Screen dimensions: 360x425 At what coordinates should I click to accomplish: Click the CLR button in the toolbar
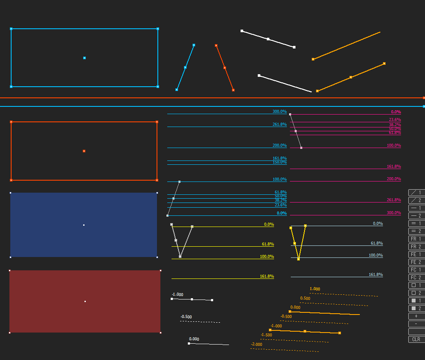point(416,339)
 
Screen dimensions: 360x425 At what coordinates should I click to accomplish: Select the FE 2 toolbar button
point(416,262)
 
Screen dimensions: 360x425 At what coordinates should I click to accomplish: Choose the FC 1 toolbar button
point(416,270)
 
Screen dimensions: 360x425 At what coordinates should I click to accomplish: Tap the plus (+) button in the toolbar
point(416,316)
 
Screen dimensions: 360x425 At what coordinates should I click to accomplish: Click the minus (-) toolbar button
point(416,324)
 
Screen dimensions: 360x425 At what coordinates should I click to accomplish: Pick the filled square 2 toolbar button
point(416,309)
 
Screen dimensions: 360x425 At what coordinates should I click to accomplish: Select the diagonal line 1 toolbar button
point(416,193)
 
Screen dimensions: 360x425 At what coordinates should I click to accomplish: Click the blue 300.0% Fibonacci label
point(280,112)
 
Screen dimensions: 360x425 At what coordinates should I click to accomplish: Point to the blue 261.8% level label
point(280,124)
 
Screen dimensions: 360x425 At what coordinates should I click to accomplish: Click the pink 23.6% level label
point(395,120)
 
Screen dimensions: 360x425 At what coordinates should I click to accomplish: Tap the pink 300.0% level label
point(394,213)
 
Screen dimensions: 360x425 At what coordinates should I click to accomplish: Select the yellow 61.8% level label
point(268,244)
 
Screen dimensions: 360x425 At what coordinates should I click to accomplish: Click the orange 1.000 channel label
point(315,289)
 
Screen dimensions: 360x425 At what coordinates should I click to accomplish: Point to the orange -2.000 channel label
point(256,345)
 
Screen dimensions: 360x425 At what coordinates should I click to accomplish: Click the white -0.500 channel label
point(186,317)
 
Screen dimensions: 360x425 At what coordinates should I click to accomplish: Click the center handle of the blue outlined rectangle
point(84,58)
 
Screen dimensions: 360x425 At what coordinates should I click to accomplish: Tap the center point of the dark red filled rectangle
point(85,301)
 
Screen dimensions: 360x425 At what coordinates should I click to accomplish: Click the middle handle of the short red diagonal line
point(225,68)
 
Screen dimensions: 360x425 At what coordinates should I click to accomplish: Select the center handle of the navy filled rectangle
point(84,225)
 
